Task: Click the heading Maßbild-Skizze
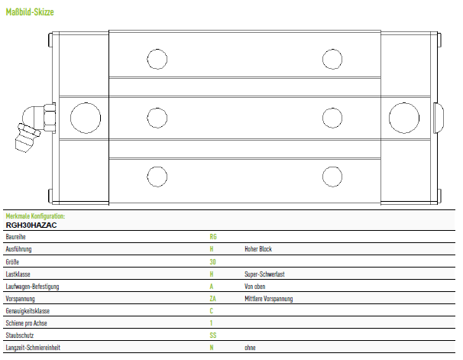coord(30,12)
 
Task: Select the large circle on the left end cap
coord(86,118)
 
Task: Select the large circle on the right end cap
coord(404,118)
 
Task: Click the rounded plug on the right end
coord(439,118)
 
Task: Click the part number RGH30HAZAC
coord(31,225)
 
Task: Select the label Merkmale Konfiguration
coord(35,216)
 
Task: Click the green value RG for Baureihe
coord(213,237)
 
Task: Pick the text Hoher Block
coord(258,249)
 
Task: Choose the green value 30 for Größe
coord(212,261)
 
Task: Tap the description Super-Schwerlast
coord(264,274)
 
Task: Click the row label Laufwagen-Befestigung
coord(32,287)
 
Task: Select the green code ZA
coord(213,299)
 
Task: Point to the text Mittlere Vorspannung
coord(269,299)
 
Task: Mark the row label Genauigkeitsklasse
coord(28,311)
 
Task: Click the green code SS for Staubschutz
coord(213,336)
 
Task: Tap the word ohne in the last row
coord(250,348)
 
